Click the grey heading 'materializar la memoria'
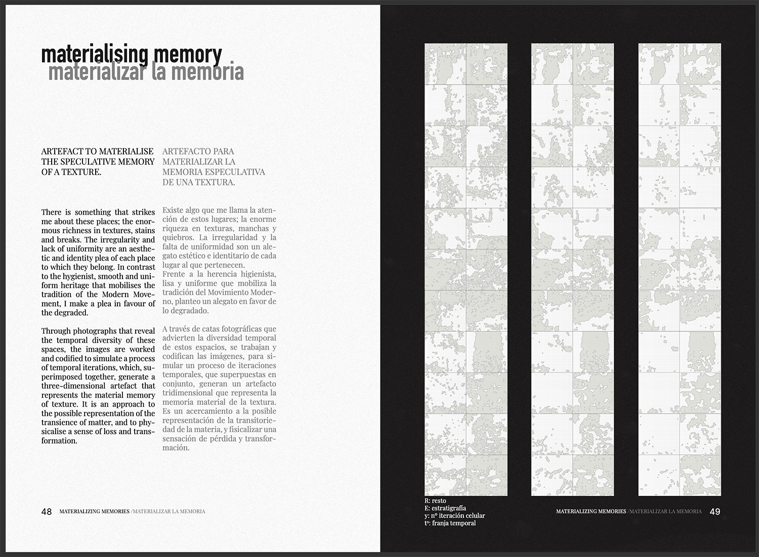(146, 72)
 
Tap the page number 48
(47, 511)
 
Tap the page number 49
(715, 511)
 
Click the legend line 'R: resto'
(436, 500)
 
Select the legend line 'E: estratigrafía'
(445, 508)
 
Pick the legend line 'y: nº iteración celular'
(455, 516)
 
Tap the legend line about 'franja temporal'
(450, 523)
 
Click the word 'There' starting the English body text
(51, 212)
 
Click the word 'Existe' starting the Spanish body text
(174, 210)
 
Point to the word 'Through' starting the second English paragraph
(56, 331)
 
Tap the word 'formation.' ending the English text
(59, 441)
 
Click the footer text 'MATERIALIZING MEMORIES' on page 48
(94, 511)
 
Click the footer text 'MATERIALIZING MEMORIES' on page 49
(591, 511)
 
